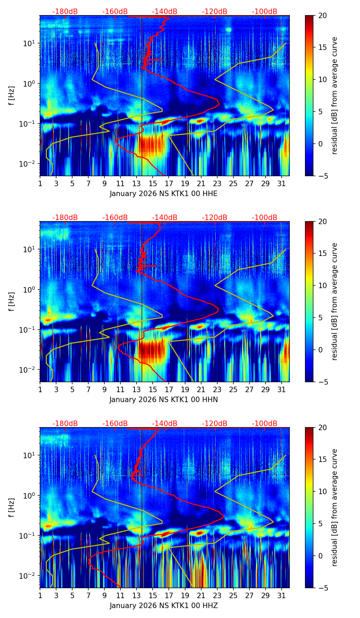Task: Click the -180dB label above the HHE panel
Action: tap(65, 12)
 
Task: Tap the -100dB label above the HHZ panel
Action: tap(265, 424)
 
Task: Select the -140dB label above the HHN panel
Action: tap(165, 218)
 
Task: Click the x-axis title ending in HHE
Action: tap(164, 194)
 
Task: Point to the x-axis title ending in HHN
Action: tap(164, 400)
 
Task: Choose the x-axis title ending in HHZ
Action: tap(164, 606)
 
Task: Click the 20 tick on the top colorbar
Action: tap(322, 16)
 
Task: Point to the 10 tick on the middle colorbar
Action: tap(322, 285)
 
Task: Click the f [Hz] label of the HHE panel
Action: tap(12, 96)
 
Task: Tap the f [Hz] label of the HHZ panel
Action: tap(12, 508)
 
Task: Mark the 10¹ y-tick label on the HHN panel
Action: tap(31, 249)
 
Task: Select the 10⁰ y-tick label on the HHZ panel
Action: tap(31, 495)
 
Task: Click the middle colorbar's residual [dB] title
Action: tap(335, 301)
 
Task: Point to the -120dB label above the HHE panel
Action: tap(215, 12)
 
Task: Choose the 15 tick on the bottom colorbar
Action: tap(322, 459)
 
